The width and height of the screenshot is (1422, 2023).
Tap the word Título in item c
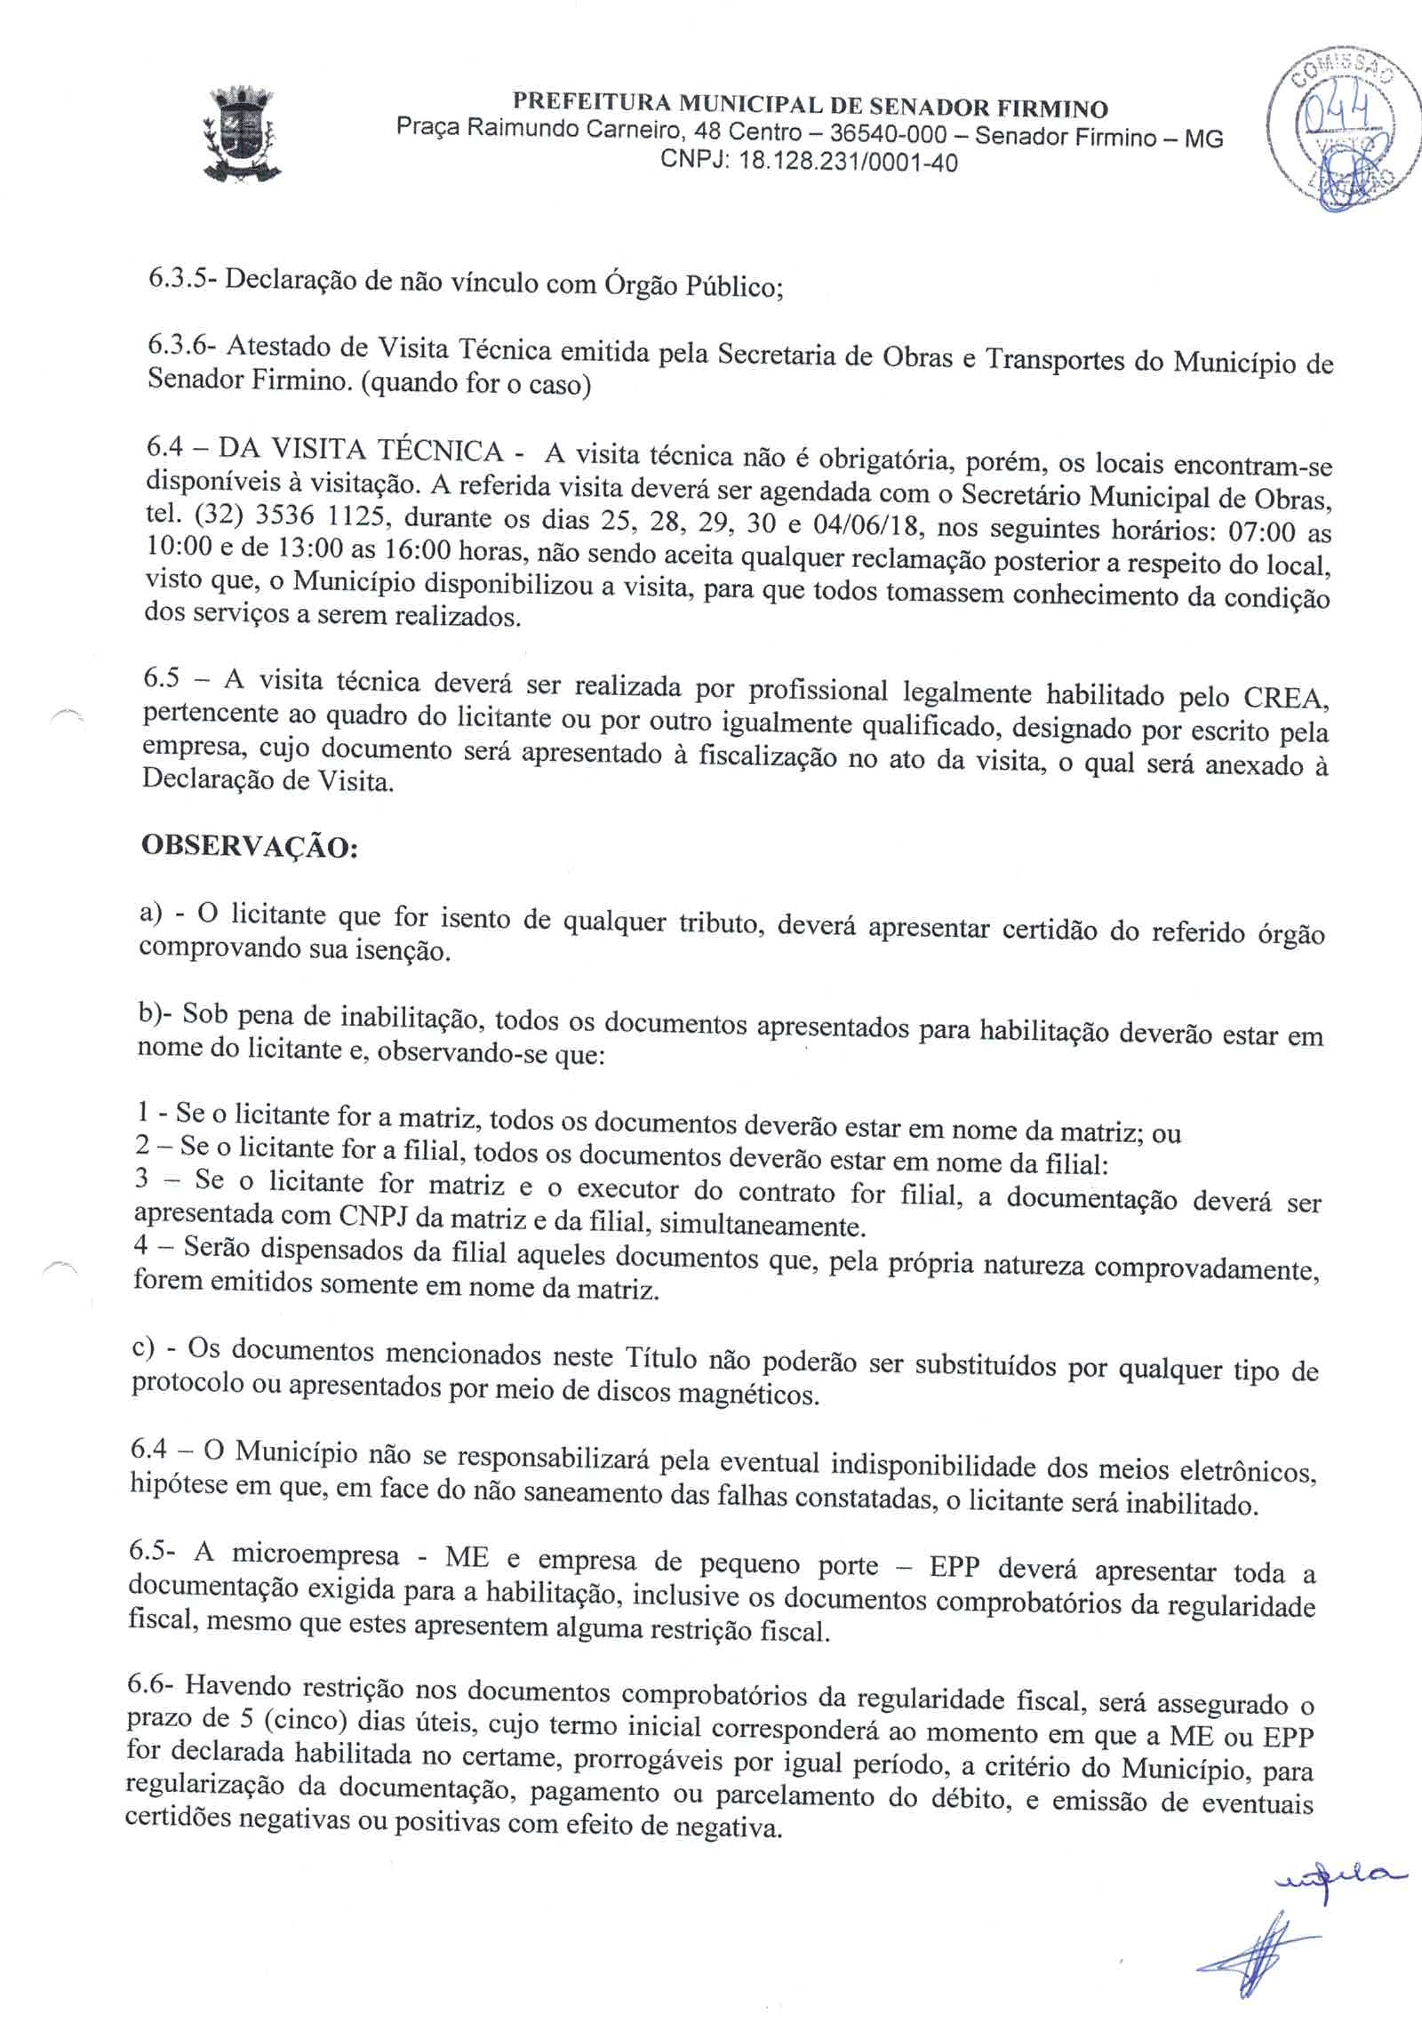[662, 1357]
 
